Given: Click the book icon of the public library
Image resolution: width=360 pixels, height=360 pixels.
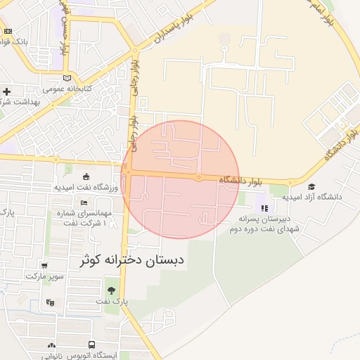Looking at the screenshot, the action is pyautogui.click(x=67, y=78).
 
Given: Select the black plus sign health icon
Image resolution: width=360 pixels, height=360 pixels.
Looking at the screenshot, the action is pyautogui.click(x=6, y=91).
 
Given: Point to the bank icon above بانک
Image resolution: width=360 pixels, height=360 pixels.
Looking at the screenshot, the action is pyautogui.click(x=8, y=31).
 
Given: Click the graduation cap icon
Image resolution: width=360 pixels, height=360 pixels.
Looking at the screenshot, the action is pyautogui.click(x=311, y=186).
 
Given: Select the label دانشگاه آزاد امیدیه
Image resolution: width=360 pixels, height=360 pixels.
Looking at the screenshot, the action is pyautogui.click(x=313, y=198).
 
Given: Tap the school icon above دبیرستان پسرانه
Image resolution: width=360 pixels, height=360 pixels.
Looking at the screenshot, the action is pyautogui.click(x=264, y=207).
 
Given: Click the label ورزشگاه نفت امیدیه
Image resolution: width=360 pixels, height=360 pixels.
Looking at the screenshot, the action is pyautogui.click(x=85, y=188).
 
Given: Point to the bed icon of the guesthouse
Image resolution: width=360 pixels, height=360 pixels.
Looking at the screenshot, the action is pyautogui.click(x=84, y=202).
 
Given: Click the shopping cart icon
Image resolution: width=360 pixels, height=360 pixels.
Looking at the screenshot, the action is pyautogui.click(x=45, y=266).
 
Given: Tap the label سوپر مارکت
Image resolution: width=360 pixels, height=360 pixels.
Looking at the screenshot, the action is pyautogui.click(x=44, y=276).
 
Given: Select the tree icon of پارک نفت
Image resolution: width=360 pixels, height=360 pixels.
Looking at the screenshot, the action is pyautogui.click(x=111, y=290).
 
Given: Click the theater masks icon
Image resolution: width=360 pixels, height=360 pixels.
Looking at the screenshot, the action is pyautogui.click(x=49, y=303).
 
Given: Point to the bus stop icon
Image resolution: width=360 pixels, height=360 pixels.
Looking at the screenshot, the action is pyautogui.click(x=52, y=345).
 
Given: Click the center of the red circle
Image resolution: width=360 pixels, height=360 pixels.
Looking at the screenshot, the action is pyautogui.click(x=181, y=179).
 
